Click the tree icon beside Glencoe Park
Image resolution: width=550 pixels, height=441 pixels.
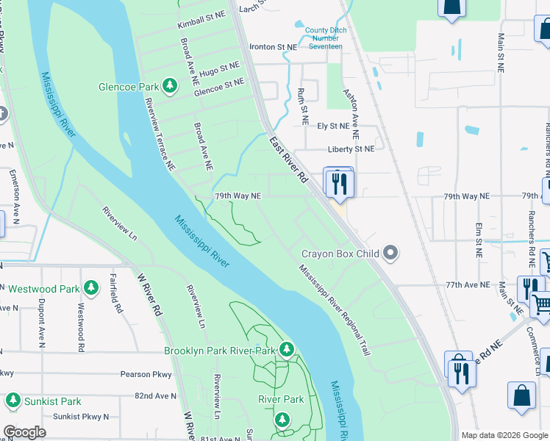pos(170,87)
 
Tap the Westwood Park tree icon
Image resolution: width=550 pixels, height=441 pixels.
pos(90,288)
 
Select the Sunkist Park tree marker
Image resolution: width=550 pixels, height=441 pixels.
pos(12,401)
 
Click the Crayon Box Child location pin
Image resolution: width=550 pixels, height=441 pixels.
pos(390,254)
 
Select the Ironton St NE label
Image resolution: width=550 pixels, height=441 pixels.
pos(273,46)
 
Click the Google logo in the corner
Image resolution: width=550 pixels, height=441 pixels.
pos(25,432)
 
